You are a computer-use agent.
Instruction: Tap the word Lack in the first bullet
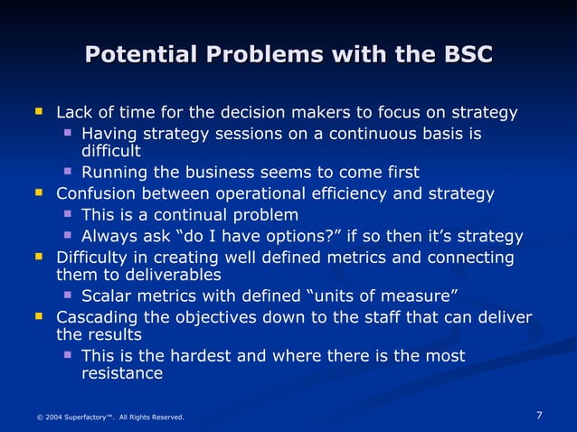[x=74, y=114]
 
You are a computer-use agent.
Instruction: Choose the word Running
[x=115, y=173]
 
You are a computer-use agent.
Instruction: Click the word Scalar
[x=105, y=296]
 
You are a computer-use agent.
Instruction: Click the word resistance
[x=122, y=373]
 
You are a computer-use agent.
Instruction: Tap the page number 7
[x=539, y=416]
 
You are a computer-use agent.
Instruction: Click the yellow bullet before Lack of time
[x=38, y=113]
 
